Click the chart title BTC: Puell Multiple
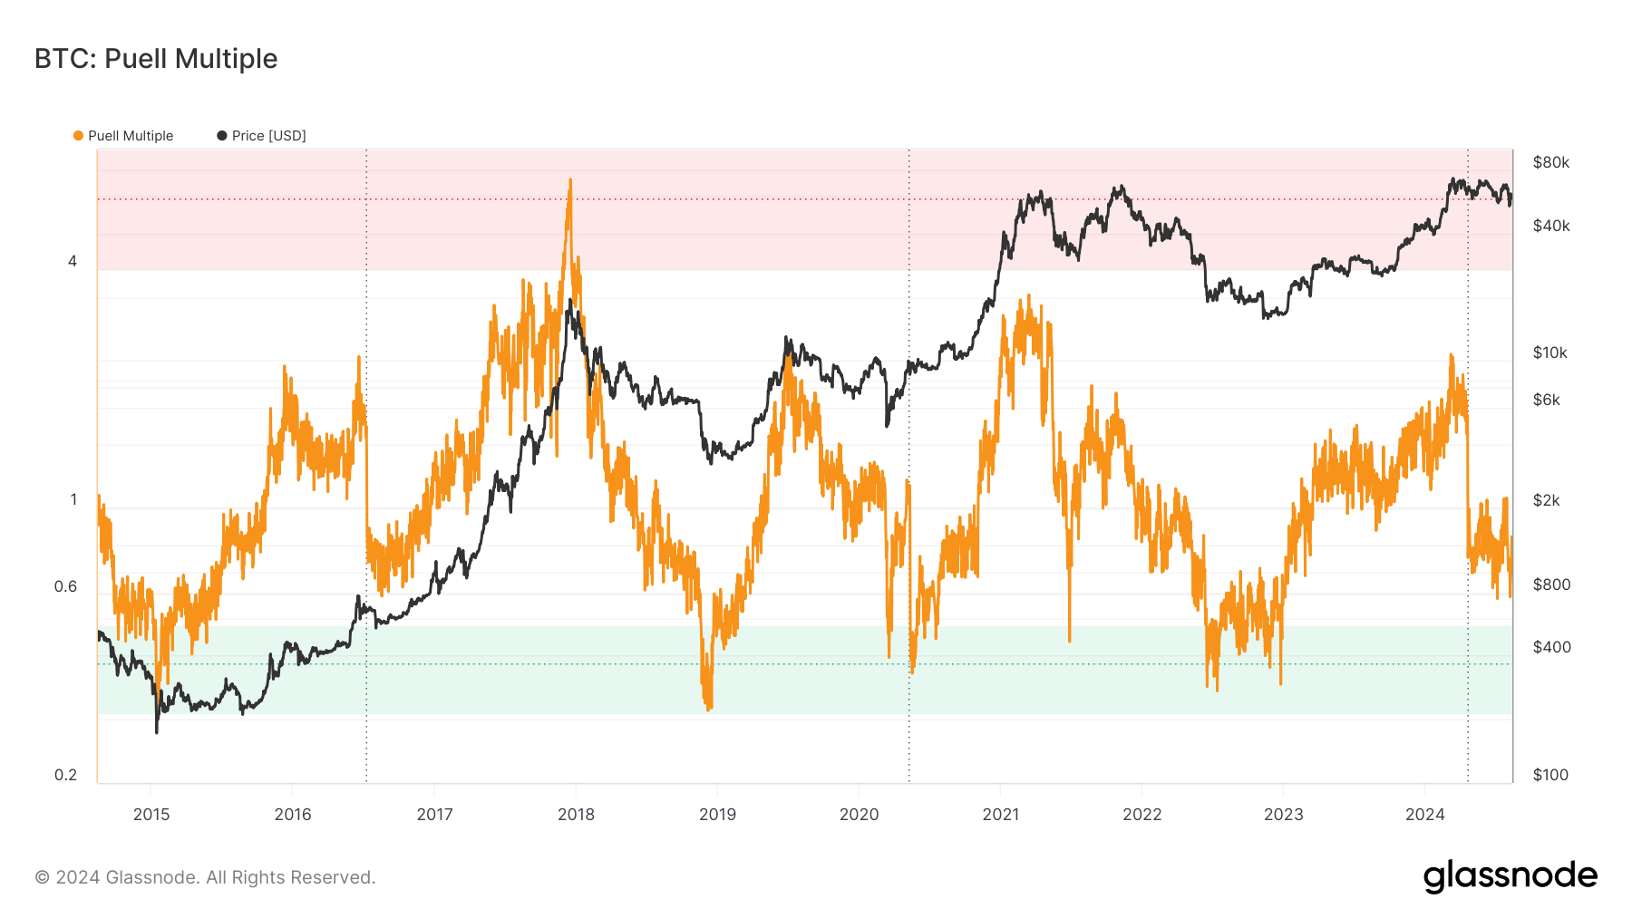click(156, 59)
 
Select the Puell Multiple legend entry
click(130, 136)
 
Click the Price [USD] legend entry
click(268, 136)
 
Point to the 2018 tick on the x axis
click(576, 814)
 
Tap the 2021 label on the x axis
click(1000, 814)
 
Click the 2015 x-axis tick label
click(151, 814)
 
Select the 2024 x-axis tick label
click(1424, 814)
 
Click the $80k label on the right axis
click(1550, 162)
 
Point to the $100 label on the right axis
click(1550, 775)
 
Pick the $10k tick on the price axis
click(1549, 353)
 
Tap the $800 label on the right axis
click(1551, 585)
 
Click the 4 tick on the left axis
click(73, 261)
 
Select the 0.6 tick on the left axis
click(66, 586)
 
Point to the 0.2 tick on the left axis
click(66, 775)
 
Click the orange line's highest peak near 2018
click(570, 180)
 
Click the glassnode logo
click(1510, 876)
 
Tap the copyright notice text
click(205, 877)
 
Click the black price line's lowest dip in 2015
click(157, 730)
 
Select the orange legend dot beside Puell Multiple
click(78, 136)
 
